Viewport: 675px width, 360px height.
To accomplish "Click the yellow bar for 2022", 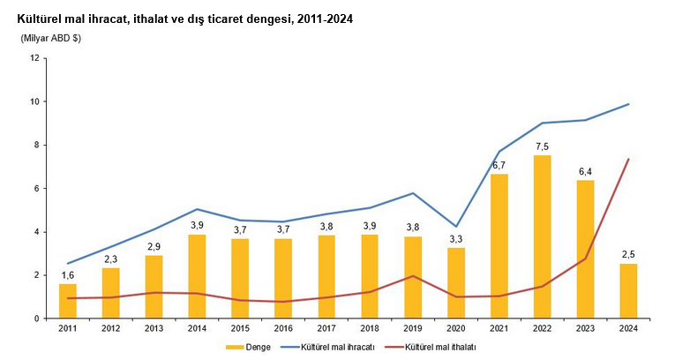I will (x=542, y=236).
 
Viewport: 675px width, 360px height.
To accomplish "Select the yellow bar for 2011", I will (x=68, y=301).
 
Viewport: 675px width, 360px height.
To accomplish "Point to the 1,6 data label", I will (x=68, y=275).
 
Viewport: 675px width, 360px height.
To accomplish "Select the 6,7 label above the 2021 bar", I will (x=499, y=165).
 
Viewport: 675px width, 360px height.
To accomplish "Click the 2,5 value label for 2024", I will (x=627, y=255).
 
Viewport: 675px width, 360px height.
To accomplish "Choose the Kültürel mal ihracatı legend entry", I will (x=338, y=348).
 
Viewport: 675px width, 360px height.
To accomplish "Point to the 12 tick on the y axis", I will (x=34, y=58).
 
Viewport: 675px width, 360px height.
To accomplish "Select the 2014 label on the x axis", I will (x=197, y=329).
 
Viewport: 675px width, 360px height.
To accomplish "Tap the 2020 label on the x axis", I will (x=455, y=329).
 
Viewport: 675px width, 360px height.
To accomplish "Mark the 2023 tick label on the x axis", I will (x=584, y=329).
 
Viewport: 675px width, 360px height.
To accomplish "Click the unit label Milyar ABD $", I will (x=51, y=38).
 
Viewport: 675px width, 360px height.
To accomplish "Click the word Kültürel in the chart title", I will (x=40, y=19).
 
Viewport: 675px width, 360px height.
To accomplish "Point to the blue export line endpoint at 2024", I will (x=627, y=104).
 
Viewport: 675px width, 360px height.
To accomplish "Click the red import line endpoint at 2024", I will (x=627, y=159).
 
